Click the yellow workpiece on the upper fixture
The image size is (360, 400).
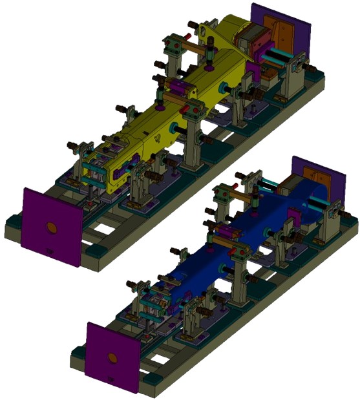[x=194, y=103]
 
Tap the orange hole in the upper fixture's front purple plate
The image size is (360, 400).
[x=51, y=227]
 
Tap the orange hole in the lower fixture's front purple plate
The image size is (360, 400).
[x=112, y=357]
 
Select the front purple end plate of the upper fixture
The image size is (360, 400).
[x=52, y=226]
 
